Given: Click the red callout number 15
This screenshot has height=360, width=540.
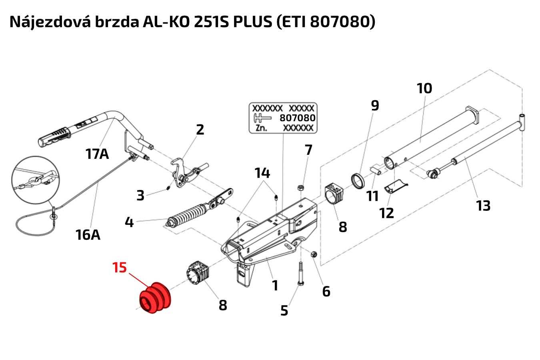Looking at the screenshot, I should click(120, 267).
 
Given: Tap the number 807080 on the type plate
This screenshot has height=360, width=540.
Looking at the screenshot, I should click(297, 118).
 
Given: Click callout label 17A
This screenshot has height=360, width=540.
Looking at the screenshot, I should click(97, 153).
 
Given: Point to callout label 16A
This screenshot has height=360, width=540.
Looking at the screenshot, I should click(88, 234).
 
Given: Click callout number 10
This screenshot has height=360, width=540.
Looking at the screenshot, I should click(424, 88).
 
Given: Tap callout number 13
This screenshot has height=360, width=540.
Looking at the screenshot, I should click(483, 206).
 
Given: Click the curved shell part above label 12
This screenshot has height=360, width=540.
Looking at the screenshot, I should click(395, 187).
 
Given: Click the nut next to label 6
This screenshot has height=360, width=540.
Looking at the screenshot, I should click(314, 254).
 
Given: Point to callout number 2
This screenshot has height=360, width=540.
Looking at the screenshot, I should click(200, 129).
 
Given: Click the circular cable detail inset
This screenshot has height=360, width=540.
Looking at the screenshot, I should click(35, 180).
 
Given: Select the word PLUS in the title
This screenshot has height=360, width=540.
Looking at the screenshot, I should click(252, 22).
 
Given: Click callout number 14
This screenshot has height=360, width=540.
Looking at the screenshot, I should click(262, 173).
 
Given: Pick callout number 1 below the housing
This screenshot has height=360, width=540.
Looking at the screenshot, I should click(275, 286).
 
